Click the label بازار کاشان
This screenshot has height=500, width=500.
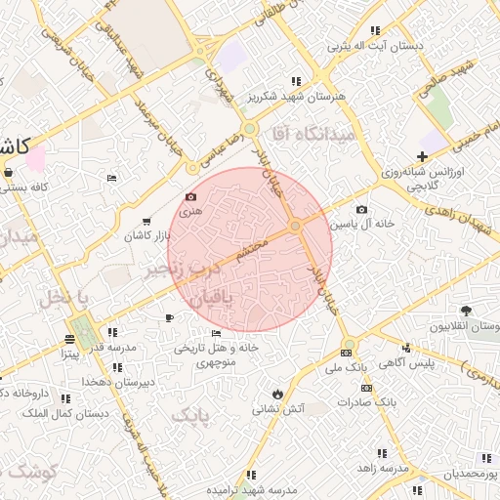coord(146,237)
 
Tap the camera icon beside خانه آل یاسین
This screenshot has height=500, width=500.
coord(362,209)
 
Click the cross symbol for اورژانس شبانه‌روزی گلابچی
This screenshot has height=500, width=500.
coord(422,157)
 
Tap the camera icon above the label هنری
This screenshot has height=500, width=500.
coord(189,196)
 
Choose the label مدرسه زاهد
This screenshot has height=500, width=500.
coord(382,469)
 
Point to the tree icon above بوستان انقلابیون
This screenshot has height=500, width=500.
coord(465,311)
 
